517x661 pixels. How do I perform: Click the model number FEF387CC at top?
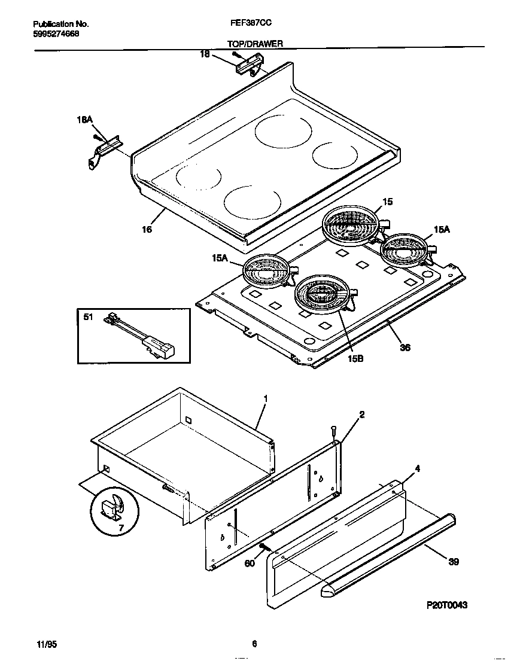pos(248,24)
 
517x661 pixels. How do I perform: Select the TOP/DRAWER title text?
pos(255,44)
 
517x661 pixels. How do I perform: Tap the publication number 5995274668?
pos(56,33)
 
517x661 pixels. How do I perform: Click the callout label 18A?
pos(85,120)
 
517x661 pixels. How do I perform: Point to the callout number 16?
pos(147,229)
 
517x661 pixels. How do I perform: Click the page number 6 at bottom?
pos(254,644)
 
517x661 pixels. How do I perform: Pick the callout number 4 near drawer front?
pos(418,468)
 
